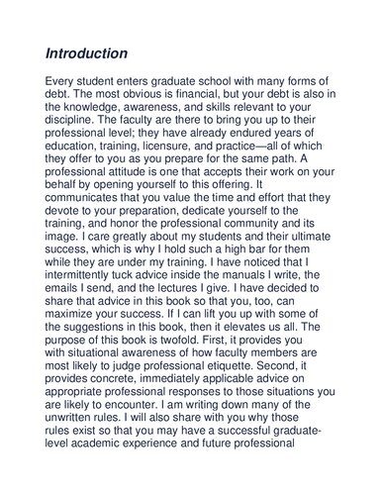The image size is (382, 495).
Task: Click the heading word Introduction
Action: pos(87,52)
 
